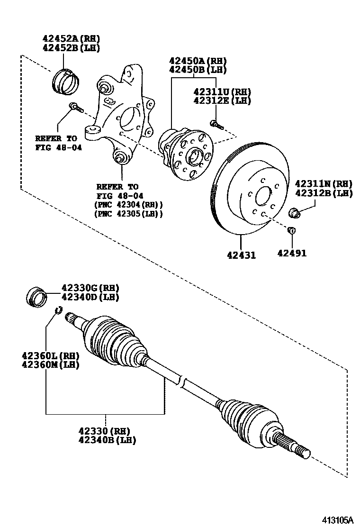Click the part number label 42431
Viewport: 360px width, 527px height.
point(241,255)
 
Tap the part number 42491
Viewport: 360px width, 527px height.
point(292,253)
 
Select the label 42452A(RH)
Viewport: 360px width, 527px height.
point(71,38)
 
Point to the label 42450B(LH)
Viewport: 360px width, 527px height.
point(198,70)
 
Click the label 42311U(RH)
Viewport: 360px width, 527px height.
point(222,91)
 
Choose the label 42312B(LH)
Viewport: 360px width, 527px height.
point(324,193)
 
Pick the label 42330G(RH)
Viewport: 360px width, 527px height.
point(90,288)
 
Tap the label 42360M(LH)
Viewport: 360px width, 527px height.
point(50,364)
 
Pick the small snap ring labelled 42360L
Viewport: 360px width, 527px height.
point(57,310)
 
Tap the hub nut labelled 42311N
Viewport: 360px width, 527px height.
point(295,212)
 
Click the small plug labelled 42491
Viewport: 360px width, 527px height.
point(292,230)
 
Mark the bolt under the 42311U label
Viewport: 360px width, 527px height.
point(216,125)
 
